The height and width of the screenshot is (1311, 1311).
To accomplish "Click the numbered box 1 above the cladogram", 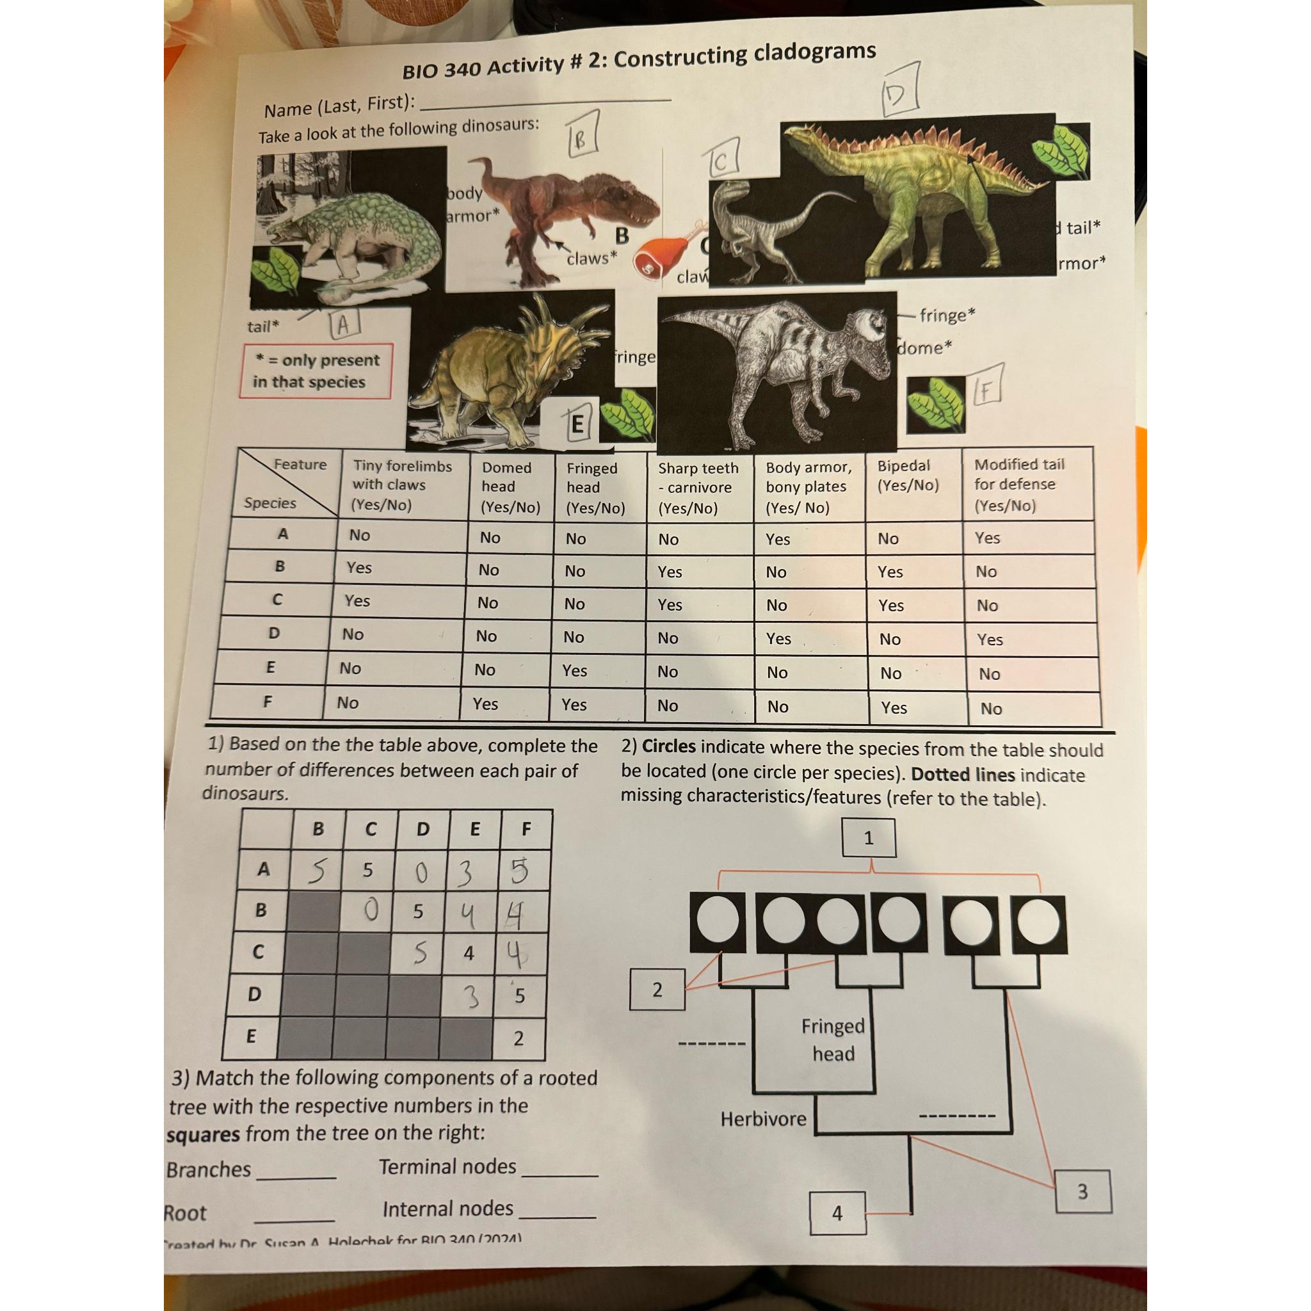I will coord(868,838).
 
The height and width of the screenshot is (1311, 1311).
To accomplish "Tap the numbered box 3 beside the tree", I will coord(1082,1191).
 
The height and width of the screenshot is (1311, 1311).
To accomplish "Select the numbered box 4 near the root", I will coord(837,1212).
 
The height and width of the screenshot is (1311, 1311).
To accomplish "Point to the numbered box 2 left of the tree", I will coord(657,990).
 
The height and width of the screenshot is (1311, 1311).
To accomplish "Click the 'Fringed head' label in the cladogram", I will coord(833,1040).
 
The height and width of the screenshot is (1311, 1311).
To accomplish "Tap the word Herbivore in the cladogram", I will coord(764,1119).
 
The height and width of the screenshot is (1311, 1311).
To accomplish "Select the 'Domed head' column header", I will coord(509,487).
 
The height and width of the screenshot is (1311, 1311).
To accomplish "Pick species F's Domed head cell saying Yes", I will coord(485,704).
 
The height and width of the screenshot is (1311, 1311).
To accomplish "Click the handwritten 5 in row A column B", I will coord(316,871).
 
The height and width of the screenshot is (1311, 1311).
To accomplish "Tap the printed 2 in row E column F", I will coord(519,1038).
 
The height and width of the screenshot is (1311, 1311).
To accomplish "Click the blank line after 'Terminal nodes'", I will coord(561,1173).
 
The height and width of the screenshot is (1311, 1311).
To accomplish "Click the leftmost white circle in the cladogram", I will coord(717,922).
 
